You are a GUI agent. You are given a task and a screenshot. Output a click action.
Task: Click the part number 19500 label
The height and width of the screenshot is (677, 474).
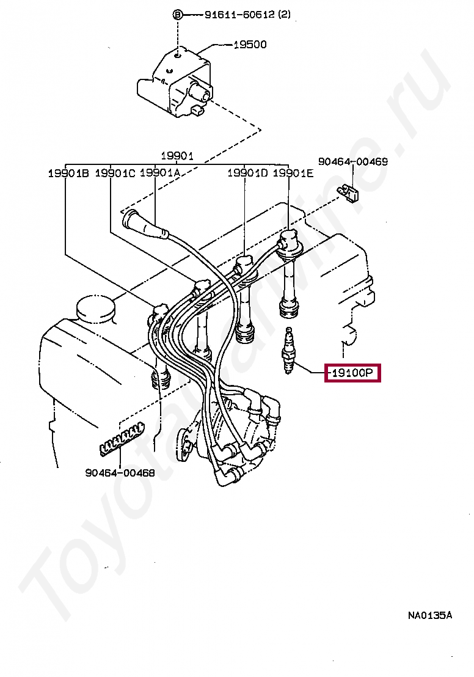click(x=250, y=45)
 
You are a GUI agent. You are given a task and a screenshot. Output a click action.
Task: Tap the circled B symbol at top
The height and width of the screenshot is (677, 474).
click(x=178, y=15)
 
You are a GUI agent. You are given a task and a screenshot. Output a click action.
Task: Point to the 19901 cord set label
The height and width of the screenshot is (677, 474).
click(x=177, y=156)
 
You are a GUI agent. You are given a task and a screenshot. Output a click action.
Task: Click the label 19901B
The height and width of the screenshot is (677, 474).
click(x=68, y=174)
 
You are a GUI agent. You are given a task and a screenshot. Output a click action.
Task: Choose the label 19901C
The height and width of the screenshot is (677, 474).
click(x=115, y=174)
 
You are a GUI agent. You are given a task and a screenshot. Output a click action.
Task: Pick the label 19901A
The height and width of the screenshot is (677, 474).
click(x=160, y=174)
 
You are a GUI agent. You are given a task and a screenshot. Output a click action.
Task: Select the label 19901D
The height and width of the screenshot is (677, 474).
click(x=247, y=174)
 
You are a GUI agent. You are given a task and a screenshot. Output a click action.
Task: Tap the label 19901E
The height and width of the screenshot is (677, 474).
click(x=293, y=174)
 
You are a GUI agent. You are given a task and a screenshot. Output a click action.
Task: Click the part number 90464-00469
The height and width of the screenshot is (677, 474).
click(x=352, y=162)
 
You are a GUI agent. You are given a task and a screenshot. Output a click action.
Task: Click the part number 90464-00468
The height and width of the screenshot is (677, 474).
click(x=120, y=472)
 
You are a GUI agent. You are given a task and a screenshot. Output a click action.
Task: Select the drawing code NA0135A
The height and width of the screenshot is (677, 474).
click(x=430, y=615)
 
